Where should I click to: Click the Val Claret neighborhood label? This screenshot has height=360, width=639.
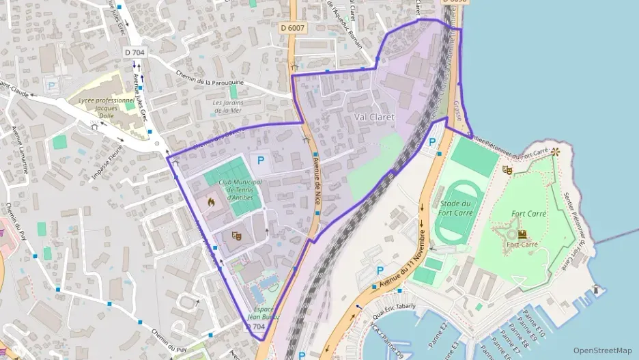[x=374, y=117]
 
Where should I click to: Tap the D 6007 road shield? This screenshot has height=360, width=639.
[x=292, y=28]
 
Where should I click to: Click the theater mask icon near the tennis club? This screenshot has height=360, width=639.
[x=237, y=236]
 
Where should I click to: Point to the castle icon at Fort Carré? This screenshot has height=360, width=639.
[x=522, y=234]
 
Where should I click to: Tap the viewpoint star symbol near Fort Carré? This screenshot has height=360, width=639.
[x=556, y=150]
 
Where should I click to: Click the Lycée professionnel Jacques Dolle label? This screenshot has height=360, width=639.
[x=106, y=107]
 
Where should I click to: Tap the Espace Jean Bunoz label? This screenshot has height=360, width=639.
[x=262, y=312]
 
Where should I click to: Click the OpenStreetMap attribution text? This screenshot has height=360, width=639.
[x=602, y=350]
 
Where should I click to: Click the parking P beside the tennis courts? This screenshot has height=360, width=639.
[x=259, y=161]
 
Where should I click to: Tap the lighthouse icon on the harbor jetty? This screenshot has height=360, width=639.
[x=596, y=290]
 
